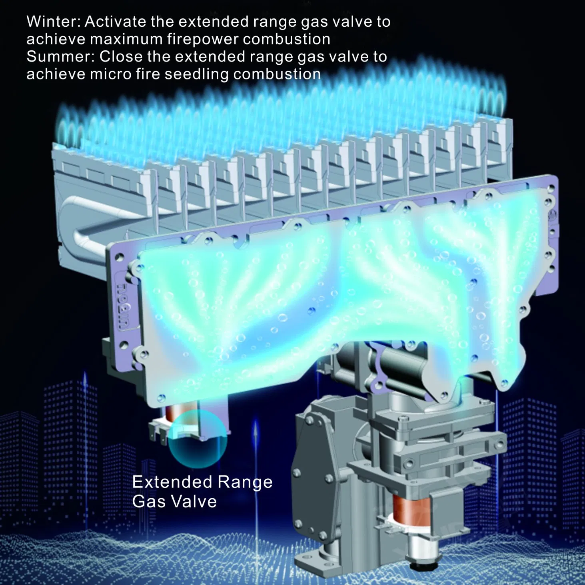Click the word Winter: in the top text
[54, 22]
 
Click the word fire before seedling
[145, 74]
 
